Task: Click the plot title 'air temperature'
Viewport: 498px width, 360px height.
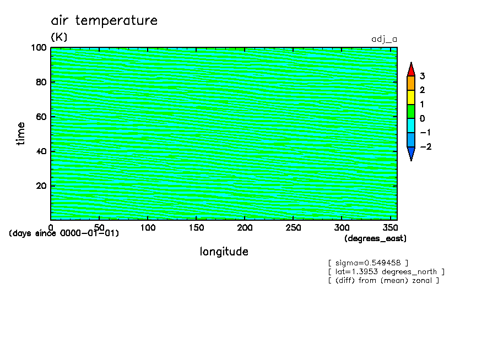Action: tap(104, 20)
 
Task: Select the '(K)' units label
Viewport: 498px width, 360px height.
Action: tap(59, 37)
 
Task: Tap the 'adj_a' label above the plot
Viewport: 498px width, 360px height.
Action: tap(385, 40)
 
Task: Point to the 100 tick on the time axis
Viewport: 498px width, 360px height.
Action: tap(39, 48)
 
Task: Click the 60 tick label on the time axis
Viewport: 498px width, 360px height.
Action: tap(41, 117)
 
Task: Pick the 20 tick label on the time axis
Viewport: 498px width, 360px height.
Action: tap(41, 186)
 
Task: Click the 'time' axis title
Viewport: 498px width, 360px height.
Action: tap(20, 134)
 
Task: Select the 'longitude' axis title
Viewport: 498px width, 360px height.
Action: tap(224, 252)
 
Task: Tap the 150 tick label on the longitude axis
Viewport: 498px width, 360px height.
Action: tap(196, 228)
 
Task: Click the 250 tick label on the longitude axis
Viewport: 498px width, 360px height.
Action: tap(293, 228)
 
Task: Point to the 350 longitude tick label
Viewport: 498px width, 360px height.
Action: tap(390, 228)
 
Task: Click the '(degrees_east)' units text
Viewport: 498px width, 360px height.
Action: tap(375, 238)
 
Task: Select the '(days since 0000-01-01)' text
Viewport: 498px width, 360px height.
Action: tap(64, 233)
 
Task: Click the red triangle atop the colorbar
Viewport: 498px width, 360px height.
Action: tap(411, 69)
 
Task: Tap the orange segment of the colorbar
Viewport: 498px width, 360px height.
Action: tap(411, 83)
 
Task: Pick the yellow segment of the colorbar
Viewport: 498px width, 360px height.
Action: tap(411, 97)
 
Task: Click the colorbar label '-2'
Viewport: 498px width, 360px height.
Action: tap(426, 146)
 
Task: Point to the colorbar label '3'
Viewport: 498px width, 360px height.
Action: tap(422, 76)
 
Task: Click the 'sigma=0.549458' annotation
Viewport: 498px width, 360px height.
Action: tap(368, 263)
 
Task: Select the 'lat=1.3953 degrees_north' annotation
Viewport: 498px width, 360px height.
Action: tap(386, 272)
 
